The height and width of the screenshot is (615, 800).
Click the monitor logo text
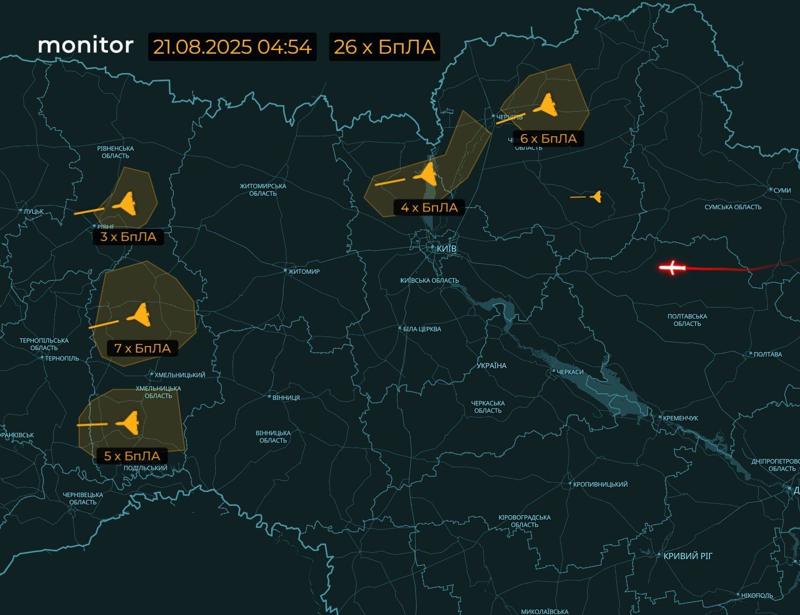pos(86,46)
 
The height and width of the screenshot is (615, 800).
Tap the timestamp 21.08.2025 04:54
pos(232,47)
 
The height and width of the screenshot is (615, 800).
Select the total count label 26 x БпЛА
pos(384,47)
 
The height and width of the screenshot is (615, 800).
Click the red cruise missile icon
pos(672,267)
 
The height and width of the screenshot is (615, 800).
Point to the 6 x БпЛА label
pos(548,138)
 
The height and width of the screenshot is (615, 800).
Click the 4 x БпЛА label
pos(429,207)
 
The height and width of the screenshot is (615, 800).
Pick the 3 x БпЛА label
pos(128,237)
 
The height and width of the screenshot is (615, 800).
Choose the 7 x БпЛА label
pos(142,348)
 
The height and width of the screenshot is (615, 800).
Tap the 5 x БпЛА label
pos(132,456)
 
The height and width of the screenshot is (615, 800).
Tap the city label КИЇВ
pos(446,249)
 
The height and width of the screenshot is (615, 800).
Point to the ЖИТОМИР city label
pos(304,272)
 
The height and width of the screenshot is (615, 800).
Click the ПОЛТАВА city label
pos(768,354)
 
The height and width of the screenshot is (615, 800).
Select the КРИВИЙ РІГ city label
pos(688,556)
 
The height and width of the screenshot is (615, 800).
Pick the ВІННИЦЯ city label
pos(286,398)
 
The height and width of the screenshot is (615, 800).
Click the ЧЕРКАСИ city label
pos(570,372)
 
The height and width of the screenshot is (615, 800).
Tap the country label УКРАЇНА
pos(491,365)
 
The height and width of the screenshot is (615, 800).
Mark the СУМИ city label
pos(782,191)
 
